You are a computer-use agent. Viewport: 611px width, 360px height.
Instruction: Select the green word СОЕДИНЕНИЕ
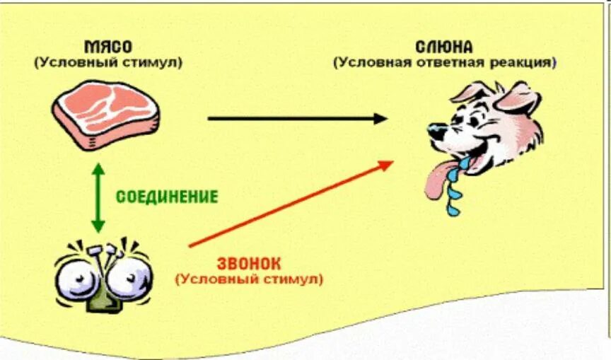pyautogui.click(x=166, y=196)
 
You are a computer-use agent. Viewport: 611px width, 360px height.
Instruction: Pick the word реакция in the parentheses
pyautogui.click(x=523, y=62)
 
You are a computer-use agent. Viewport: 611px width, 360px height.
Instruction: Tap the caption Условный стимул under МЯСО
pyautogui.click(x=107, y=62)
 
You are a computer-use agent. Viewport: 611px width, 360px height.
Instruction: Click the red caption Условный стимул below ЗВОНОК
pyautogui.click(x=249, y=279)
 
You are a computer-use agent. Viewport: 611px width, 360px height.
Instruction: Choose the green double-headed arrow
pyautogui.click(x=98, y=197)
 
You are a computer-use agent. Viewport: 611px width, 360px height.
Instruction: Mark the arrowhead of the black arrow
pyautogui.click(x=380, y=118)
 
